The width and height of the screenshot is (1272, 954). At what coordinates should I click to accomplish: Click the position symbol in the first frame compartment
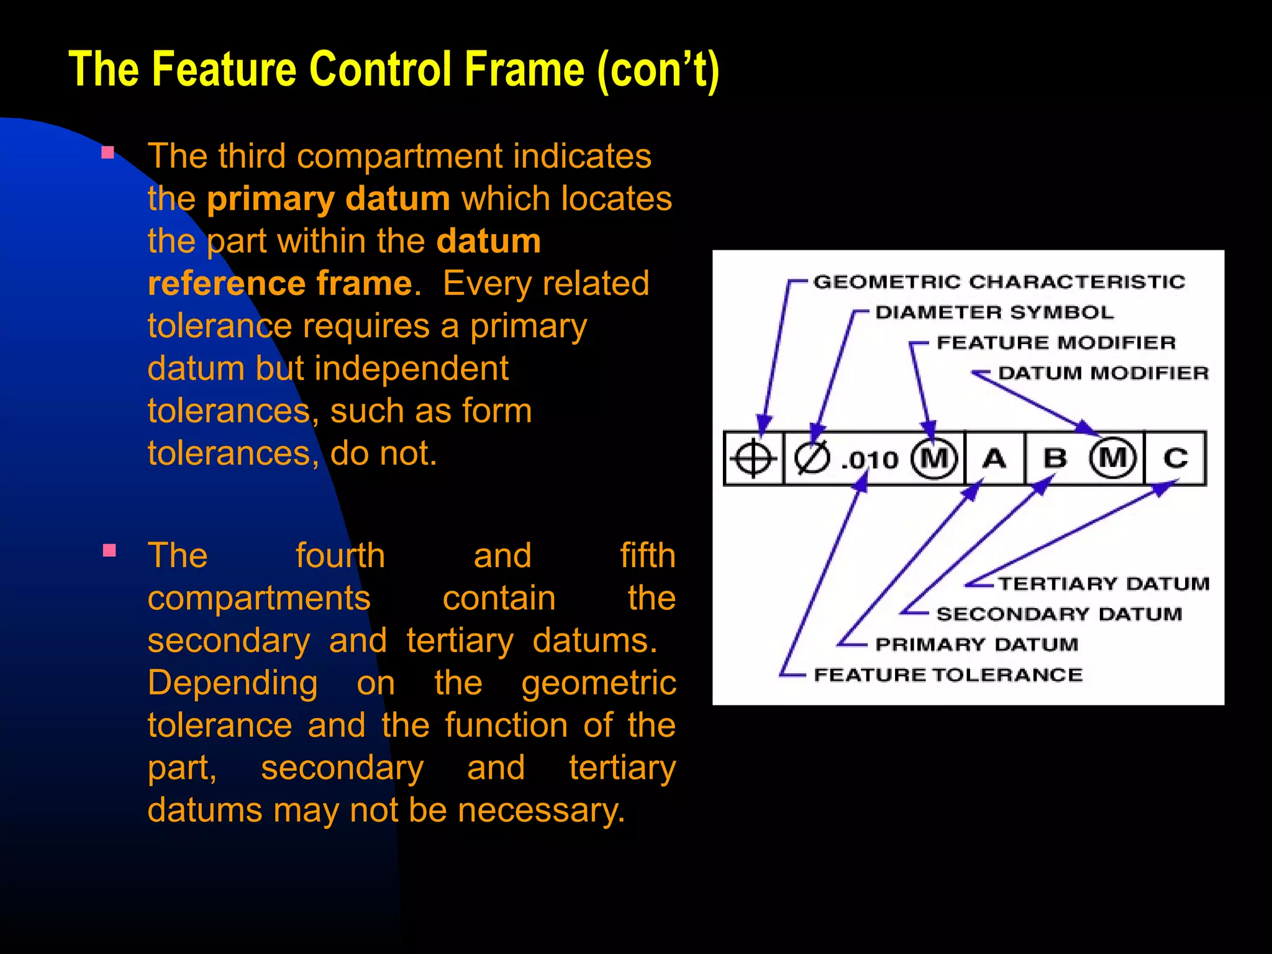[x=753, y=459]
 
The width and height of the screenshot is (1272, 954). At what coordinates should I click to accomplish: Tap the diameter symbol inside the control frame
[x=812, y=459]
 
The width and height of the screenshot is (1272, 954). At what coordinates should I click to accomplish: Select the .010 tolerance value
[x=870, y=460]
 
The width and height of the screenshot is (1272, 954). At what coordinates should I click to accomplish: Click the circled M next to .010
[x=934, y=459]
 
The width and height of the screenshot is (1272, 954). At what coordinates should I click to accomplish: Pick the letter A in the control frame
[x=994, y=458]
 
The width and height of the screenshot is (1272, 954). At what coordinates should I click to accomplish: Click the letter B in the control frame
[x=1055, y=458]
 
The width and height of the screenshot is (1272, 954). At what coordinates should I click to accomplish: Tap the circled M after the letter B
[x=1113, y=458]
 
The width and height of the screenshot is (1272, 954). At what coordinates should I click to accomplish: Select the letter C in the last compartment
[x=1175, y=458]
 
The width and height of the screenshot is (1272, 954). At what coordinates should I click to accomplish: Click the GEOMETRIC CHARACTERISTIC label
[x=999, y=282]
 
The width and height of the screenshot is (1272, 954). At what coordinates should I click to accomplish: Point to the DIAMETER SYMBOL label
[x=994, y=312]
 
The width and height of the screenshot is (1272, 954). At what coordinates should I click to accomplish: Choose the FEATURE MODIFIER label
[x=1056, y=343]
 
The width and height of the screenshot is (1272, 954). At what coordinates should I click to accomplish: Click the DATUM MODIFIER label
[x=1103, y=373]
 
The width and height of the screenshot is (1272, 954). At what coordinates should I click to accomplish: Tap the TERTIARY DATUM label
[x=1104, y=584]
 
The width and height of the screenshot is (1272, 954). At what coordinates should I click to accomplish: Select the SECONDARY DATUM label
[x=1059, y=614]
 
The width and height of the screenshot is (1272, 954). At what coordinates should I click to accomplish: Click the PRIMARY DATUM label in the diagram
[x=976, y=645]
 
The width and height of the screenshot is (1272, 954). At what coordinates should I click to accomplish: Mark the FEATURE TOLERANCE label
[x=948, y=675]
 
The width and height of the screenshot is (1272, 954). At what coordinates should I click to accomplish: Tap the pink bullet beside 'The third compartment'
[x=108, y=153]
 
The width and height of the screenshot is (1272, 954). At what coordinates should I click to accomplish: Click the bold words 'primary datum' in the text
[x=329, y=199]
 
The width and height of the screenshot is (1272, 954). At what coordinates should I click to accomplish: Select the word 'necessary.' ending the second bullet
[x=540, y=811]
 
